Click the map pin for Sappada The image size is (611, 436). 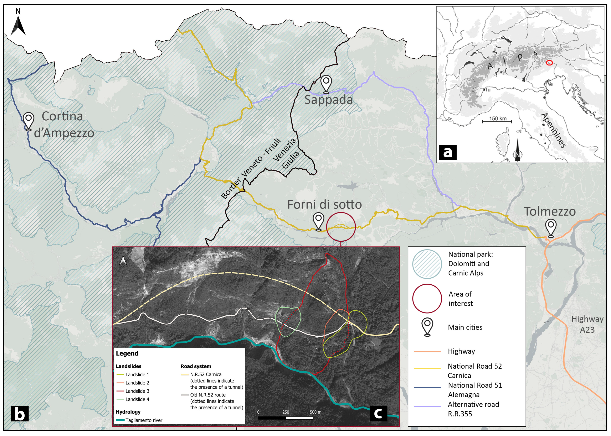point(326,84)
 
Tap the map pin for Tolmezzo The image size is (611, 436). point(550,228)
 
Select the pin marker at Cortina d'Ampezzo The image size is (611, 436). point(29,121)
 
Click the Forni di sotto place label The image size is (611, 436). point(324,205)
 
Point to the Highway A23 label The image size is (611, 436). point(587,324)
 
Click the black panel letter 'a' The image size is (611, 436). point(447,152)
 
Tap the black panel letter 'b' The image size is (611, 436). point(20,414)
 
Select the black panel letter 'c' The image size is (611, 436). point(378,414)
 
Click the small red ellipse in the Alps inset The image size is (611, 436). point(549,63)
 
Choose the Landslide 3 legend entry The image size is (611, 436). point(137,391)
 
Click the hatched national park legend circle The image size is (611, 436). point(427,264)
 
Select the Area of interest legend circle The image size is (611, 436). point(427,299)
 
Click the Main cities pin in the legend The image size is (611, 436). point(427,326)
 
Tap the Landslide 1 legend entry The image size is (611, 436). point(137,374)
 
